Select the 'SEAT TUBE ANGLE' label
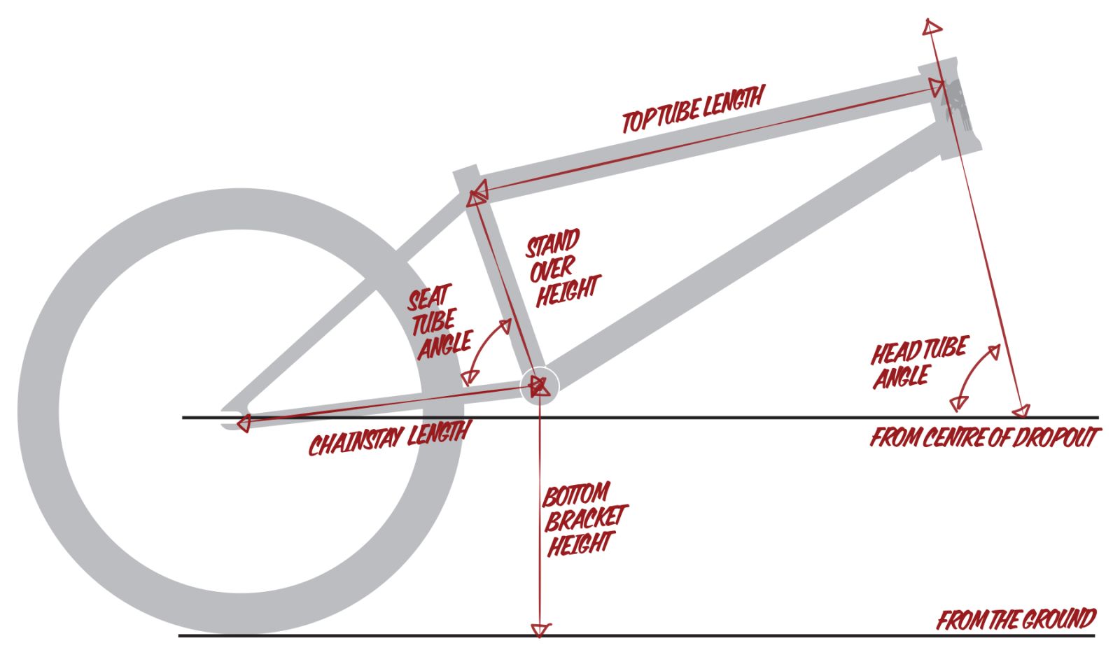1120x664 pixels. [438, 322]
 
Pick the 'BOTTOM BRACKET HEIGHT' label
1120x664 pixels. [582, 518]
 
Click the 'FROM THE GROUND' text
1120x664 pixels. [1016, 620]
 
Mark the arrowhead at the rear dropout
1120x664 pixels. [242, 423]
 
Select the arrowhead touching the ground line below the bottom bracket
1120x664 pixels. [540, 629]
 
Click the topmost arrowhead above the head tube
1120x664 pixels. [932, 27]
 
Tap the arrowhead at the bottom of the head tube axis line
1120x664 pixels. [1022, 411]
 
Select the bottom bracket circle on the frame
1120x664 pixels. [540, 386]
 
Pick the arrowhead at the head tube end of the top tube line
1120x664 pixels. [935, 87]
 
